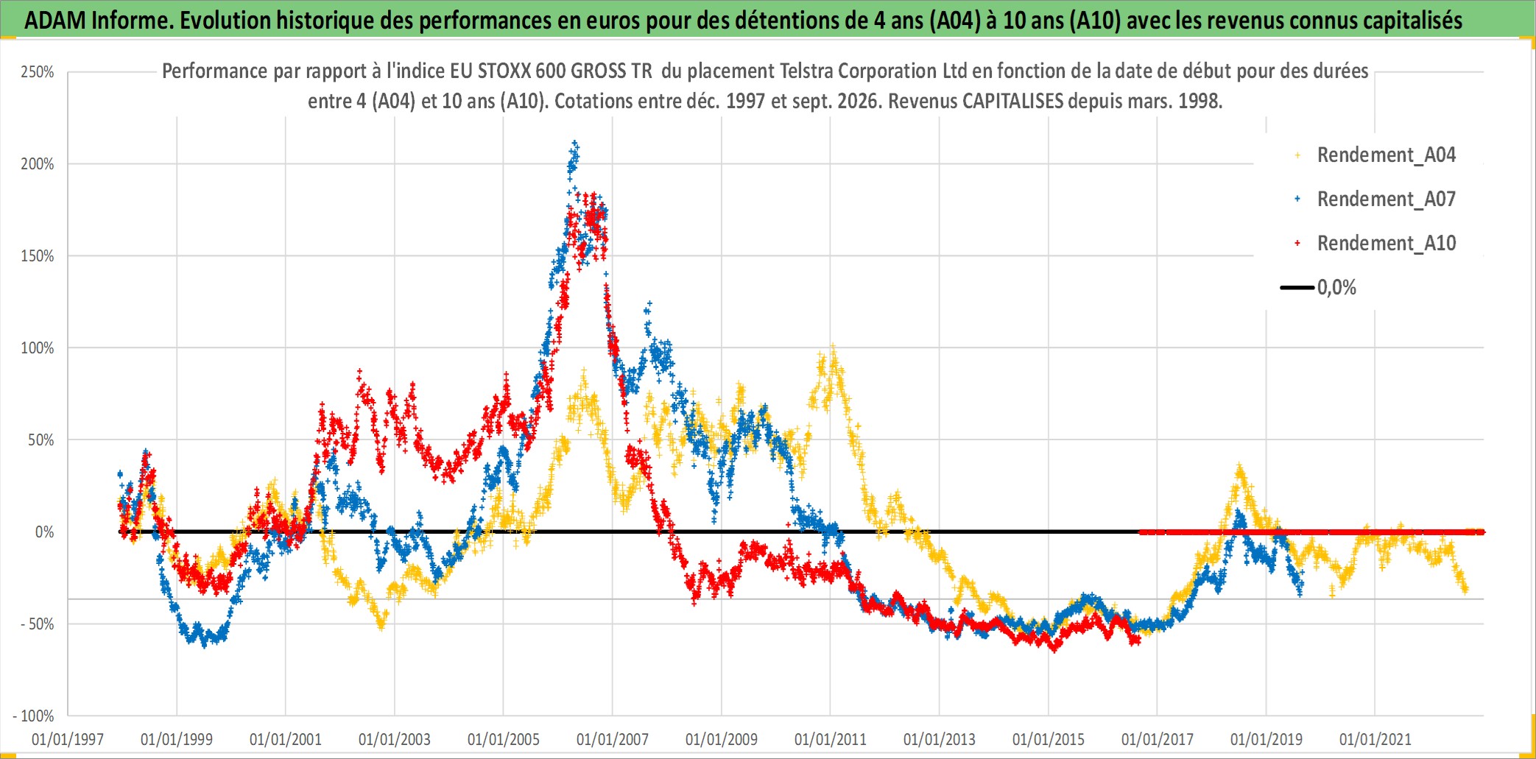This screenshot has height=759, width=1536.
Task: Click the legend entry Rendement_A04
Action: click(x=1386, y=155)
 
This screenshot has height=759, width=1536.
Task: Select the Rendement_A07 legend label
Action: click(x=1386, y=200)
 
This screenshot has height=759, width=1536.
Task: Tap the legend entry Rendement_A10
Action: click(x=1386, y=244)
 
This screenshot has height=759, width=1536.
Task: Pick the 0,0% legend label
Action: click(x=1336, y=288)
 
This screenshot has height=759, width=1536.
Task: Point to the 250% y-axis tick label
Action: click(x=38, y=72)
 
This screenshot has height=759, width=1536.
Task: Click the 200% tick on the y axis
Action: click(x=38, y=164)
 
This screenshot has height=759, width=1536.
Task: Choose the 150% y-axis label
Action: click(x=38, y=256)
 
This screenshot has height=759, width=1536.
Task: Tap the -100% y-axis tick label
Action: click(x=34, y=716)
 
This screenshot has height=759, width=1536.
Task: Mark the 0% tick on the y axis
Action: click(x=45, y=532)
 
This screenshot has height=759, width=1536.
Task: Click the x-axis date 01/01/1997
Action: click(x=68, y=739)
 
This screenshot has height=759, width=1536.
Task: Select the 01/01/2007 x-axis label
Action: click(x=613, y=739)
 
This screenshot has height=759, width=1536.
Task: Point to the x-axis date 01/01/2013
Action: click(x=940, y=739)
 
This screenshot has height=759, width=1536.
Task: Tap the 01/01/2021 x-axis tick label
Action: click(x=1375, y=739)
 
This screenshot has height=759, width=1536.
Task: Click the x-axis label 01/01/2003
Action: click(x=395, y=739)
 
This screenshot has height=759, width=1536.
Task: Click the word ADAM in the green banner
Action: click(x=55, y=21)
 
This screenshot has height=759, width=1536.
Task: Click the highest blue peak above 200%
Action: click(x=575, y=143)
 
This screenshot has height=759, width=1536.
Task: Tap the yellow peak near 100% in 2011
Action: click(x=833, y=345)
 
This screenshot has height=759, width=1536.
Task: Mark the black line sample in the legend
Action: click(x=1297, y=287)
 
